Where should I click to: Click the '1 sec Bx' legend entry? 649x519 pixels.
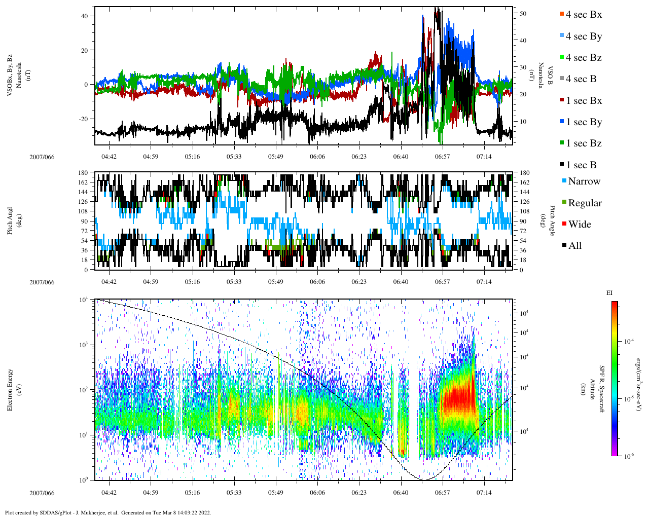584,100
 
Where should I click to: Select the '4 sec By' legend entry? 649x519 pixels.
584,36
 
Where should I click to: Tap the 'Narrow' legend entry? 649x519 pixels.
584,181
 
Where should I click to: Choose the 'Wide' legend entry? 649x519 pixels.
580,224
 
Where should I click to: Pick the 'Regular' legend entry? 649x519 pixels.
585,203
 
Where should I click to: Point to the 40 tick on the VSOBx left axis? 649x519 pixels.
84,16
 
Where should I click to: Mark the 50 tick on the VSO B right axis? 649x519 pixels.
523,14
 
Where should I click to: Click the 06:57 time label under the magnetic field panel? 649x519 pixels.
442,157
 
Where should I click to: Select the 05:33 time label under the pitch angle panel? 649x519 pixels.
234,282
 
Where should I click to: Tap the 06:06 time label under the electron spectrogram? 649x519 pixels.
317,493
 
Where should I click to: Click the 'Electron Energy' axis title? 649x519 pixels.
10,389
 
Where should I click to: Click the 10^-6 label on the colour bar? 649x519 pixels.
628,456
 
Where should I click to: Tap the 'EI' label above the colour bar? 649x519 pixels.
609,293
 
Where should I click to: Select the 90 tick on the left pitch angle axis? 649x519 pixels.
84,221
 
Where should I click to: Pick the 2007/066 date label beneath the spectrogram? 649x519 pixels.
42,493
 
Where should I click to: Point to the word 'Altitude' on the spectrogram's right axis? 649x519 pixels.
592,389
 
